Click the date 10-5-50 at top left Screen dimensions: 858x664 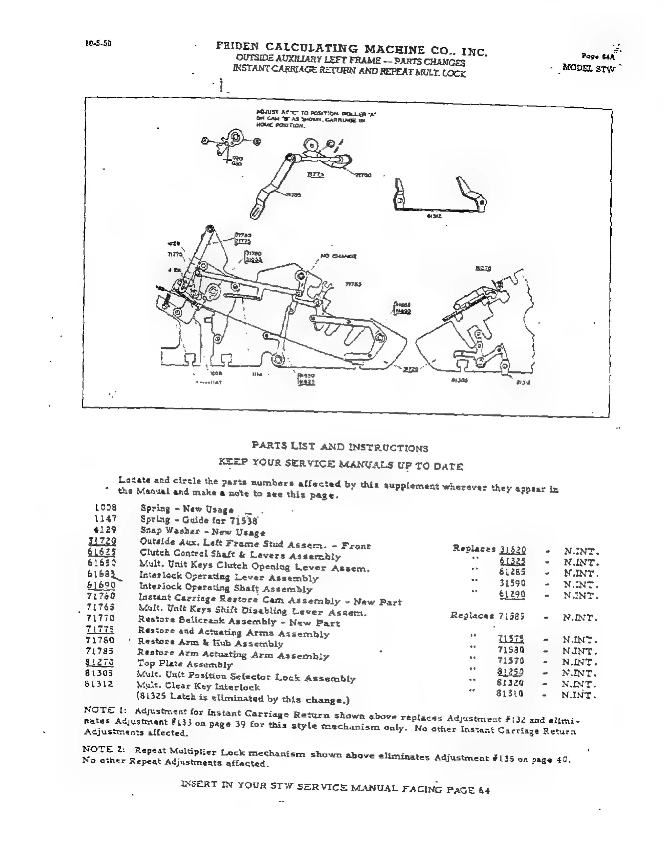[98, 43]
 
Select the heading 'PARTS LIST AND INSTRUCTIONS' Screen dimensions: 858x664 [340, 447]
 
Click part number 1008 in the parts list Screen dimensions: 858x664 [105, 508]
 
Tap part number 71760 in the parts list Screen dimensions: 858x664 [101, 596]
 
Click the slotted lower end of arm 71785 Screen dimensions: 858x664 [256, 211]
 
